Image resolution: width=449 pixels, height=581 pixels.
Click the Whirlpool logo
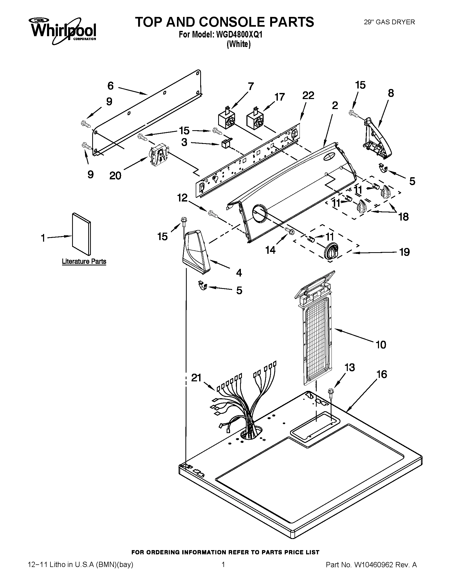(x=63, y=30)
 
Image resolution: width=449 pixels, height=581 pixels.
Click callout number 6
(x=110, y=86)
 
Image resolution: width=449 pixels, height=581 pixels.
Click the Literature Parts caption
(x=84, y=261)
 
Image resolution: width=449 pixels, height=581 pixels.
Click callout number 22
(x=308, y=95)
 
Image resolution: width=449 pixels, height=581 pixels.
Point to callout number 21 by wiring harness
(x=196, y=378)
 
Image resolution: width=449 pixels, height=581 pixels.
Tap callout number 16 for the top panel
(x=382, y=374)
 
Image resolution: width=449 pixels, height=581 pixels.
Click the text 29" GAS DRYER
(x=389, y=22)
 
